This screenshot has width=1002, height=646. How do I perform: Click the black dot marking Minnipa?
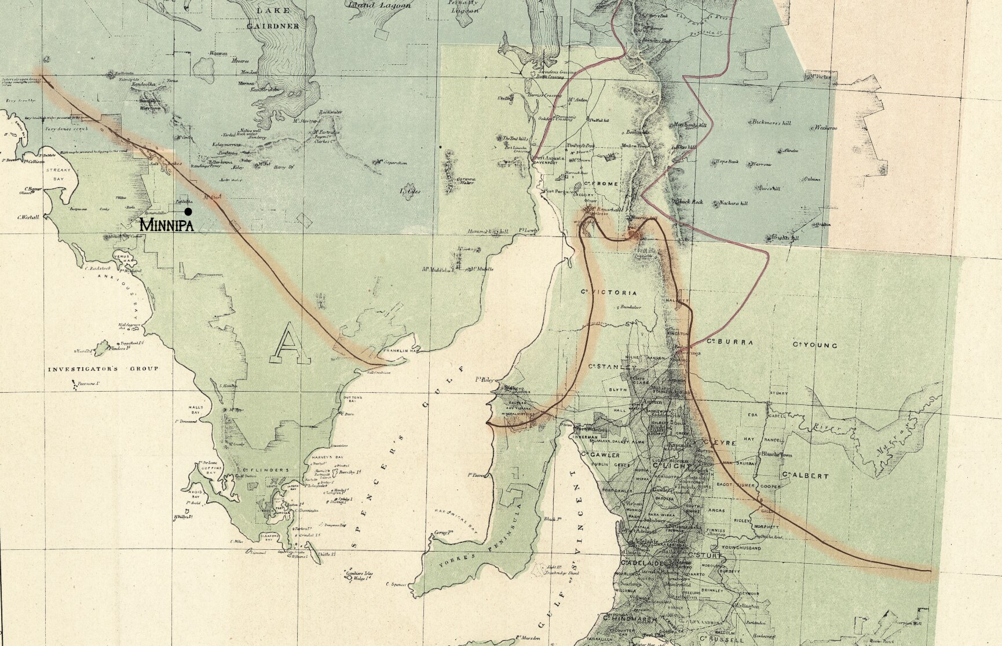(x=188, y=212)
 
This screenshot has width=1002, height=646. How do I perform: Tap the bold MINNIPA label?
(x=166, y=225)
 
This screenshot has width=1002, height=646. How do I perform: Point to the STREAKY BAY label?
(x=58, y=176)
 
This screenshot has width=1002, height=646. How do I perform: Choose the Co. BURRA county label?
(x=732, y=343)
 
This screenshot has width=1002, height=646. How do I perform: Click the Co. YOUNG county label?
(x=815, y=345)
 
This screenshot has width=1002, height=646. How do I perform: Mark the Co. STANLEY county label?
(x=612, y=367)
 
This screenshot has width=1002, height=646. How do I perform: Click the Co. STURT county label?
(x=707, y=555)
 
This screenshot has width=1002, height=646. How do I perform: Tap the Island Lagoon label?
(x=379, y=5)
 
